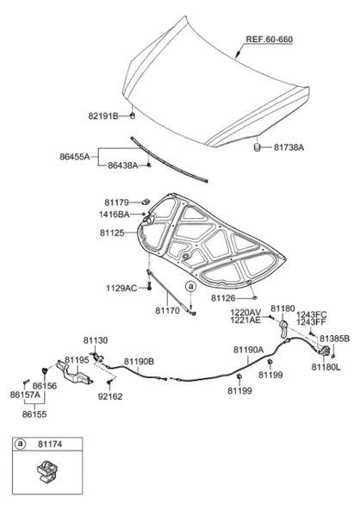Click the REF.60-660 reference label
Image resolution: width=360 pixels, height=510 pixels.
pos(269,40)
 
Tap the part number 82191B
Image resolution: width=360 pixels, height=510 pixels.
pos(103,115)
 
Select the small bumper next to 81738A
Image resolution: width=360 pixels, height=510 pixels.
pos(258,147)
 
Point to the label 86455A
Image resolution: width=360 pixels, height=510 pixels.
pos(74,157)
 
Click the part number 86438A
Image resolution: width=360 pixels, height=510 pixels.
pos(123,165)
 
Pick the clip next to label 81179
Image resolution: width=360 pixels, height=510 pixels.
pos(146,202)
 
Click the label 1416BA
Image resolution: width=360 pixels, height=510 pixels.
pos(115,215)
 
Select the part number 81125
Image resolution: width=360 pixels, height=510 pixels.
pos(112,233)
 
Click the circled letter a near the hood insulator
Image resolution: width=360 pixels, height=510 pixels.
pos(191,287)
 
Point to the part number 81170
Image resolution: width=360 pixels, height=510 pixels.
pos(167,311)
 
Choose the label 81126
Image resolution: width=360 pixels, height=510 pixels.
pos(223,298)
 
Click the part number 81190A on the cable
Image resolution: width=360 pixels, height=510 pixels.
pos(248,350)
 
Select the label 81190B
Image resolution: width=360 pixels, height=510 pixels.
pos(139,362)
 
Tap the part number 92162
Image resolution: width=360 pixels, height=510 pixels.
pos(110,396)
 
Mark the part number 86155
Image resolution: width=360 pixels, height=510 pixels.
pos(34,414)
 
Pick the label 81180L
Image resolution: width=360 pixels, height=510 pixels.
pos(326,367)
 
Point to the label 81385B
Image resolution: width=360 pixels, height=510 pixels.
pos(334,339)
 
